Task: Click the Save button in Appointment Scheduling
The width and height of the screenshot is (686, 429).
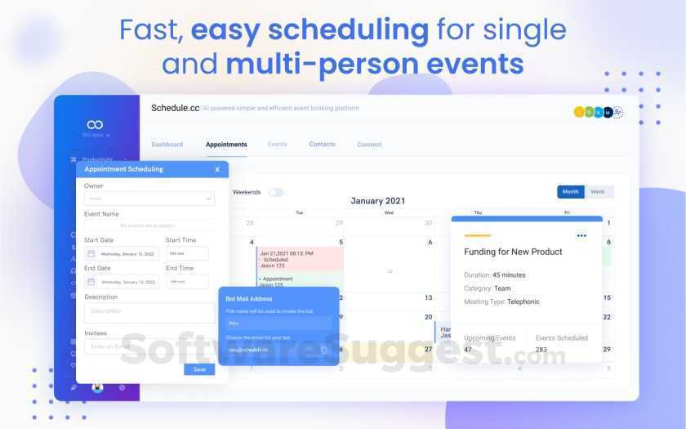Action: (199, 369)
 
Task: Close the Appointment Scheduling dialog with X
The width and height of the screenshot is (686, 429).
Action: (217, 169)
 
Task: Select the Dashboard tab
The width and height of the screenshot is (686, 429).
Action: (167, 145)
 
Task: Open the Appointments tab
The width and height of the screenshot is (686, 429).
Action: (226, 145)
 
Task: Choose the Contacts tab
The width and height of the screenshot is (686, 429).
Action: (322, 145)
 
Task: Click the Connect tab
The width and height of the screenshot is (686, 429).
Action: (369, 145)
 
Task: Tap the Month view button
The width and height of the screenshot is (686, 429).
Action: (570, 192)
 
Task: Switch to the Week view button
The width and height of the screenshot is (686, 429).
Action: (598, 192)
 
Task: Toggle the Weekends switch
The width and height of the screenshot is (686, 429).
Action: (276, 193)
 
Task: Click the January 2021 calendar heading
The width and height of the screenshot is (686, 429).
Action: (378, 201)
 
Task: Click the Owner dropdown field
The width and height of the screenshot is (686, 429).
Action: (149, 198)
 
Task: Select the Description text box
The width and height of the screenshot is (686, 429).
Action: (149, 312)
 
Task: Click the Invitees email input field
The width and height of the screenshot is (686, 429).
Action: (149, 346)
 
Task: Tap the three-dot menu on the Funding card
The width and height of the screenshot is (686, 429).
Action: (581, 235)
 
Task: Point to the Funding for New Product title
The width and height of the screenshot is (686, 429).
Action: (513, 252)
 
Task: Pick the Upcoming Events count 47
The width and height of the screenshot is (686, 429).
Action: (468, 349)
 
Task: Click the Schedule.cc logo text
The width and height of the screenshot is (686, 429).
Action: (175, 108)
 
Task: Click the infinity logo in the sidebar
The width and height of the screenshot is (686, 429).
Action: (96, 125)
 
